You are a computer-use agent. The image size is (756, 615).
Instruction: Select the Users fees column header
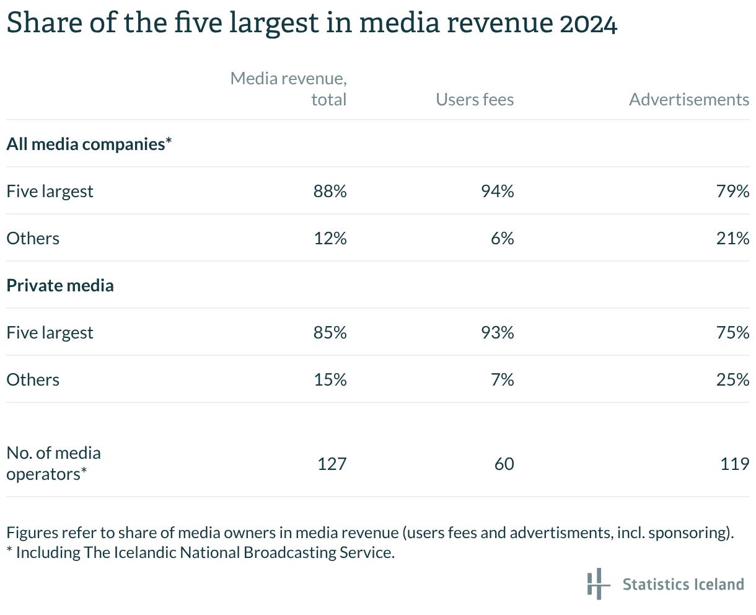click(475, 100)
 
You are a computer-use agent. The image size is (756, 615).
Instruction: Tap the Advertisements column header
click(689, 100)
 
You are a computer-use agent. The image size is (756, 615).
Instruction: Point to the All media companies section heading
click(89, 144)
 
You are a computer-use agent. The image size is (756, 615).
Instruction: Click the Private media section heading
click(60, 285)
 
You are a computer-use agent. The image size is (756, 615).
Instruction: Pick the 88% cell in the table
click(330, 191)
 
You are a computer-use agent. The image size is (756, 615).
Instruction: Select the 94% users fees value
click(498, 191)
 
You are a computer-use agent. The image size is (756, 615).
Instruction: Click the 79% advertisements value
click(733, 191)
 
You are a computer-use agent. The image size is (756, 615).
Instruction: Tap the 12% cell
click(330, 238)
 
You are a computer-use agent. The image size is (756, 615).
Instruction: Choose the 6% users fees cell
click(502, 238)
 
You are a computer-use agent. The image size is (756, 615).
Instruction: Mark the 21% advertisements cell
click(733, 238)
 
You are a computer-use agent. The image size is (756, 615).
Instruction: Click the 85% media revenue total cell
click(330, 332)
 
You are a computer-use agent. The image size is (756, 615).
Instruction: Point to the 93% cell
click(498, 332)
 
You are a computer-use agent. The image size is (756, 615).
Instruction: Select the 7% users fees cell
click(502, 379)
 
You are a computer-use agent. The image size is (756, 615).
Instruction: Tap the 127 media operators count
click(332, 464)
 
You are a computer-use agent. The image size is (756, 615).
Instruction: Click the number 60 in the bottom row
click(504, 464)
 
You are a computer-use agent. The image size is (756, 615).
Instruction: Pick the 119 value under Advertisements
click(735, 464)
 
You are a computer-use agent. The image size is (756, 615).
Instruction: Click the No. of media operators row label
click(53, 464)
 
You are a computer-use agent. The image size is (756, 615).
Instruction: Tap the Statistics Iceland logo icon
click(595, 583)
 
